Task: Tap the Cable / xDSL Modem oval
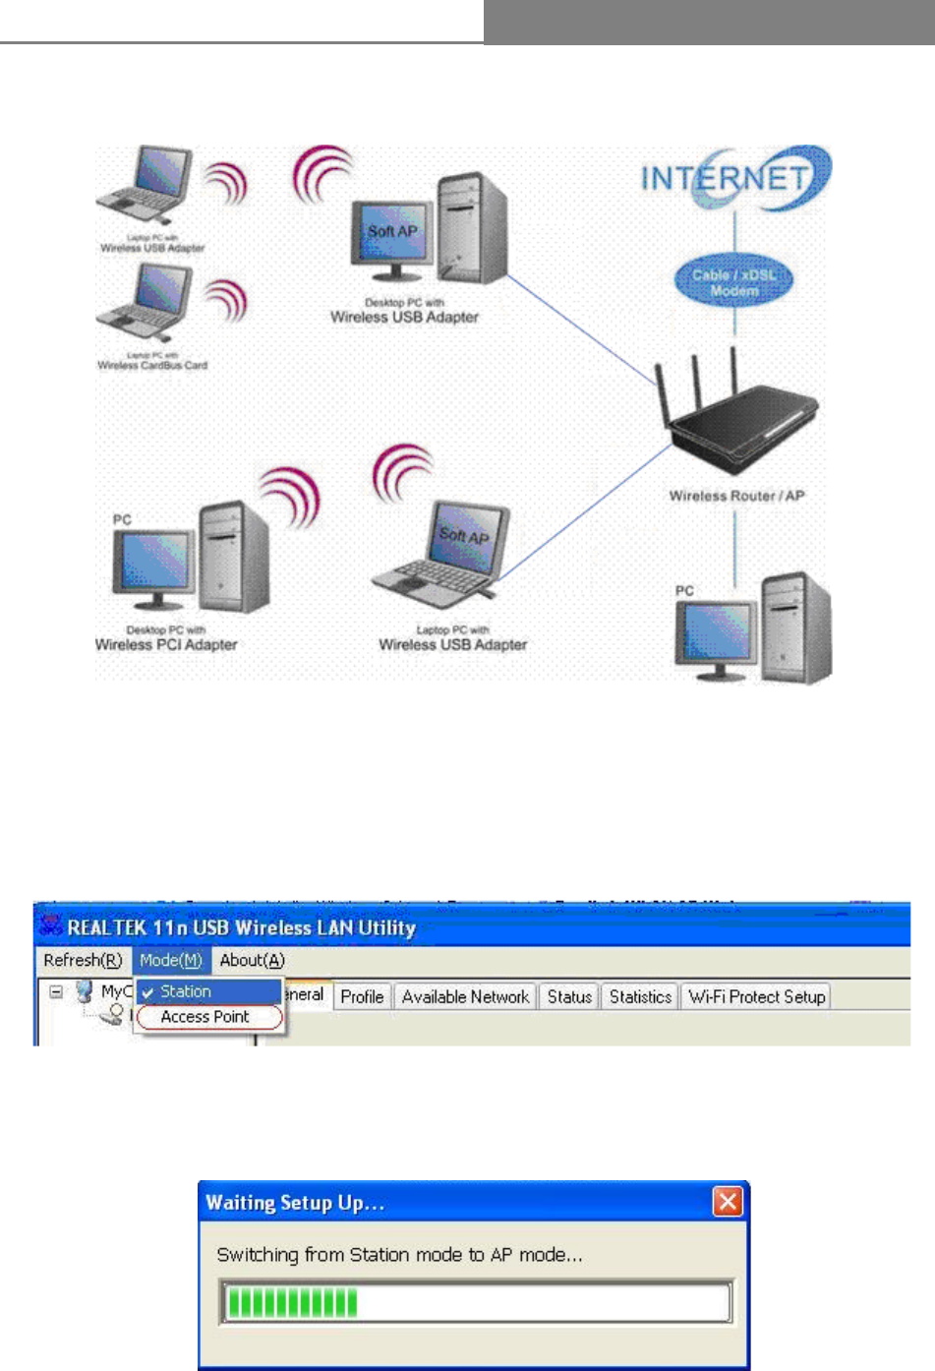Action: [734, 282]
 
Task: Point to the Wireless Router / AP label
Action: [736, 497]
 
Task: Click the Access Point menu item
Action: [205, 1017]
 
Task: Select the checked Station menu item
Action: [186, 992]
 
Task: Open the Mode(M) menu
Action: [171, 961]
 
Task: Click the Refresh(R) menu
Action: [83, 961]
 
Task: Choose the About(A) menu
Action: [252, 961]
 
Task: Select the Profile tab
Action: [362, 997]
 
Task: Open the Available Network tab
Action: [465, 997]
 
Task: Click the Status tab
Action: [569, 997]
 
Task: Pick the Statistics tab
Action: [640, 997]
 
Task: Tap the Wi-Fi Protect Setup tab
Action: [756, 997]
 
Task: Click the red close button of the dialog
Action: [728, 1202]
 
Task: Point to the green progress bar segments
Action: [292, 1304]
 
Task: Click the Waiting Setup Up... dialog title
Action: [294, 1203]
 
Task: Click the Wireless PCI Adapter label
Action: [166, 645]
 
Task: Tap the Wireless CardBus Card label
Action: [152, 365]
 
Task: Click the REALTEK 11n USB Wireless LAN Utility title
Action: [241, 927]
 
